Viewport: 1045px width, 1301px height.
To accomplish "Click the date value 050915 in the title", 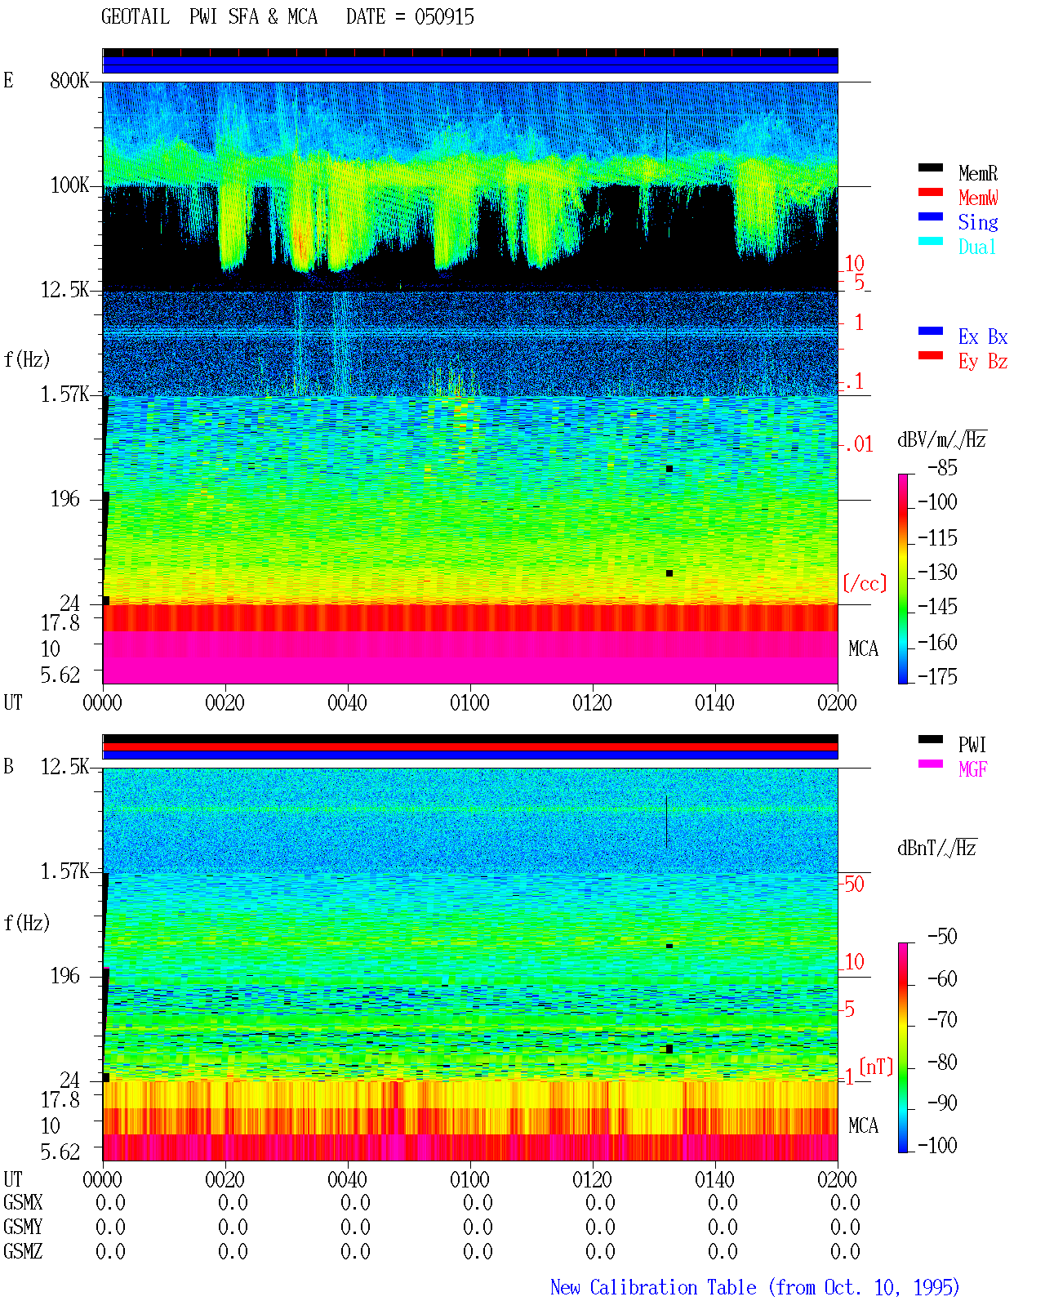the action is coord(444,17).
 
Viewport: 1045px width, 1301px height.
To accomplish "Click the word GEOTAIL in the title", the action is coord(136,17).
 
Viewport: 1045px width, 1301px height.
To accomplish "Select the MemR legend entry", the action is coord(978,173).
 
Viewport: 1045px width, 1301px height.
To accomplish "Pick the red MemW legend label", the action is coord(978,198).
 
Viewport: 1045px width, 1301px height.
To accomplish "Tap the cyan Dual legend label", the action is coord(977,247).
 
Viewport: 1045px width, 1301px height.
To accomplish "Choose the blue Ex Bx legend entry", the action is coord(983,336).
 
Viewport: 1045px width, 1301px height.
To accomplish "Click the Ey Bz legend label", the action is coord(983,362).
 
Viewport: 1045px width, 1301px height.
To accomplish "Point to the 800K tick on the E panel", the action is coord(69,80).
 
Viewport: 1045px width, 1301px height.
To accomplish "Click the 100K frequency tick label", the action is coord(69,185).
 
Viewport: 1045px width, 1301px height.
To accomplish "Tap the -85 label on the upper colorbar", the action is coord(942,468).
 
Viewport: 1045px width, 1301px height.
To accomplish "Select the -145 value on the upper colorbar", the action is coord(937,606).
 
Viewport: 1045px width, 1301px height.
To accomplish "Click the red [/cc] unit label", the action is coord(865,583).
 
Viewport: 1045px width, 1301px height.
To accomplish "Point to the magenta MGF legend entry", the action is coord(972,769).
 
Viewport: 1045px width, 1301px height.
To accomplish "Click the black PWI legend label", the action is coord(972,745).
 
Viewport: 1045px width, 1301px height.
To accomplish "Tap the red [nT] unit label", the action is coord(876,1067).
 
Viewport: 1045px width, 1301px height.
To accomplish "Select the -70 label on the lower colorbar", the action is coord(942,1020).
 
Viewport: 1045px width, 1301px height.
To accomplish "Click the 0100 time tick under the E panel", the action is coord(469,703).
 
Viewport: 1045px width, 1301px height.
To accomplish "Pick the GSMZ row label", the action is coord(23,1251).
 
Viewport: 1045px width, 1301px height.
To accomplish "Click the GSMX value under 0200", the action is coord(845,1202).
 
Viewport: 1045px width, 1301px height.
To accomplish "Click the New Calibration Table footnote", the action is coord(755,1287).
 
